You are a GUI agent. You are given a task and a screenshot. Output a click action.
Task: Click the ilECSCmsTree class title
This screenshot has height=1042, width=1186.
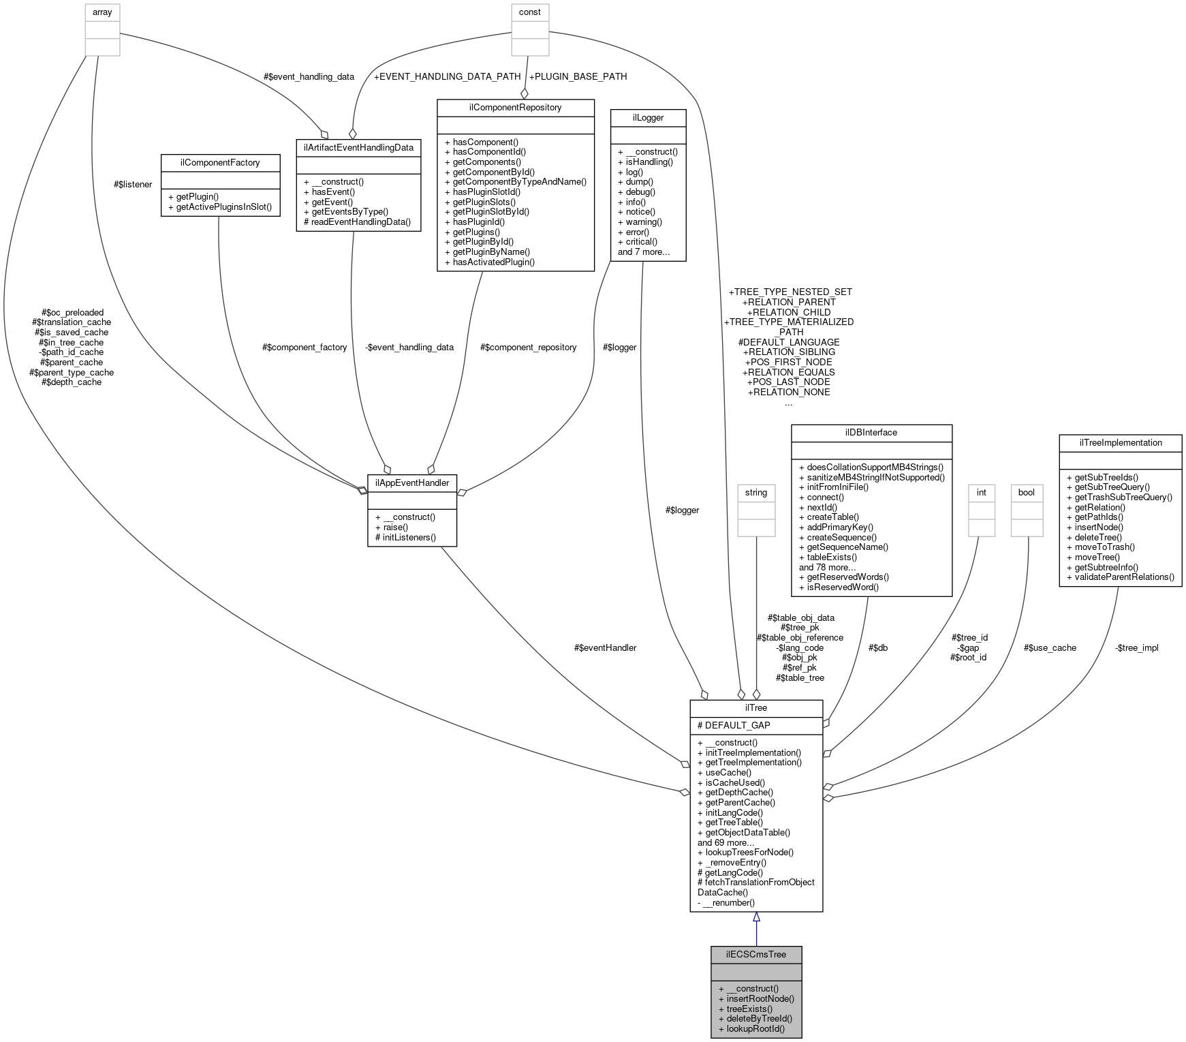tap(755, 954)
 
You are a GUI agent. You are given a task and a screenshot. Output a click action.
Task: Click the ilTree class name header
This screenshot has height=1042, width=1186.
tap(755, 707)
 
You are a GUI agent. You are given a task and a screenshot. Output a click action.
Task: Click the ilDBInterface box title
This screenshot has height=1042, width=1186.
tap(871, 432)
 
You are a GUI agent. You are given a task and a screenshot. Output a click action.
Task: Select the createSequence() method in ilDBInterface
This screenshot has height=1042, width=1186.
tap(842, 537)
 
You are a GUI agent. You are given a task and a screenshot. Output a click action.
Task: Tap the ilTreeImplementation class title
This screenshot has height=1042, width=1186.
tap(1120, 442)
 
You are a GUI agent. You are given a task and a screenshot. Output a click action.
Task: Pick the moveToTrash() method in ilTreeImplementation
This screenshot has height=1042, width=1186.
tap(1104, 547)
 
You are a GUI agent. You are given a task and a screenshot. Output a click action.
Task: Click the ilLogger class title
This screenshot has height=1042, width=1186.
tap(648, 117)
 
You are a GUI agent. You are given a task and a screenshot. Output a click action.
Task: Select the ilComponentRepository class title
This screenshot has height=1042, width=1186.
tap(515, 107)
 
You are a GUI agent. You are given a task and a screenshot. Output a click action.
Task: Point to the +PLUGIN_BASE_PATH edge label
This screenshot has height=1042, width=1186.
tap(578, 76)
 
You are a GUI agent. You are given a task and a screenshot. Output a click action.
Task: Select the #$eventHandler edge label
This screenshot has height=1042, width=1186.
tap(605, 647)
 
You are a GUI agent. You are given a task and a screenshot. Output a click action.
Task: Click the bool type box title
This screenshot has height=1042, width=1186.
tap(1026, 492)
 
